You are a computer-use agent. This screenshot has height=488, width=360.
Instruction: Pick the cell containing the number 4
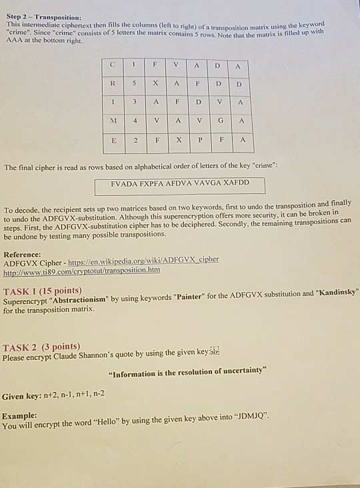pos(135,122)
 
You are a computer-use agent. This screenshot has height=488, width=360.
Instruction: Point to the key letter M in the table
pos(114,122)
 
